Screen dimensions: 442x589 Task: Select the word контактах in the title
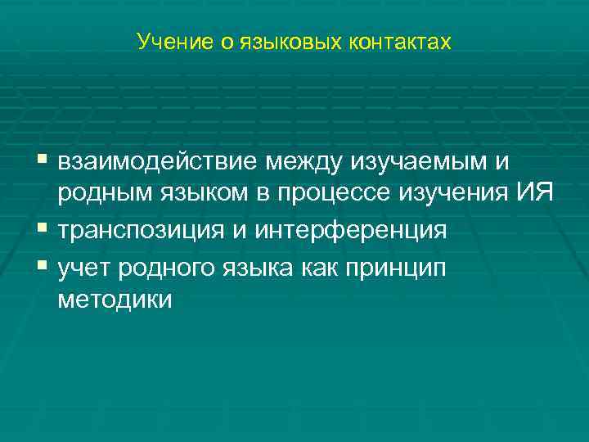point(401,41)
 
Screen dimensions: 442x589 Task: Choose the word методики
point(115,300)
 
